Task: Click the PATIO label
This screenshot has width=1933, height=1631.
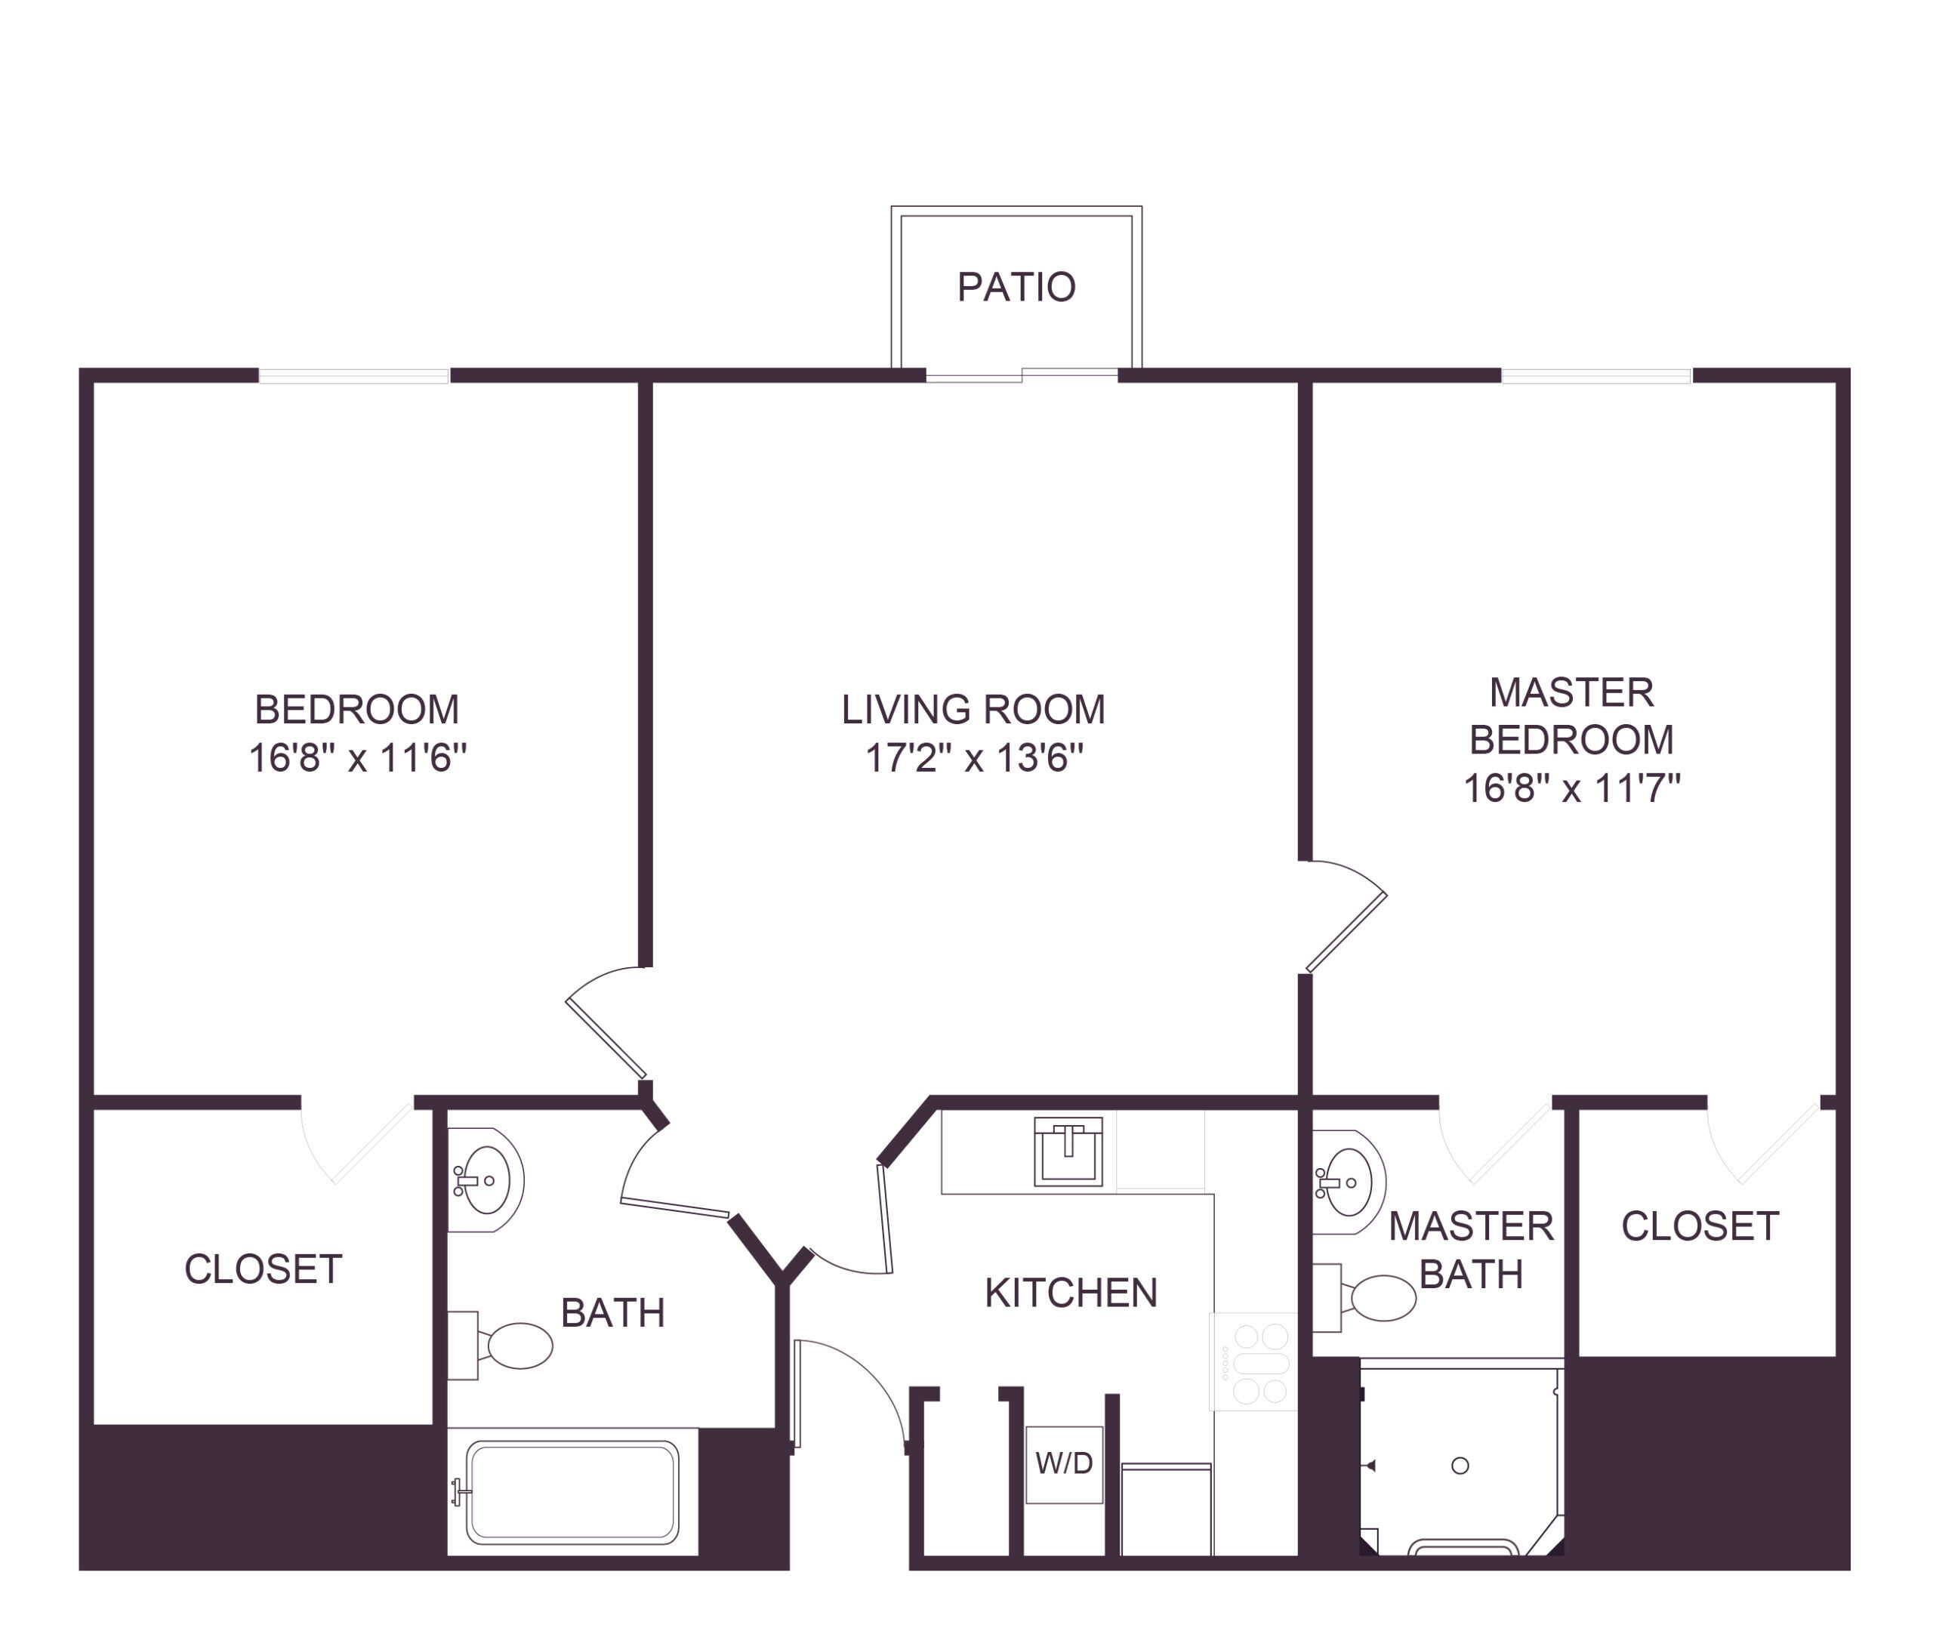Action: [x=1016, y=287]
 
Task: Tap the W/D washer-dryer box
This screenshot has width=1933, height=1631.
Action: [x=1064, y=1463]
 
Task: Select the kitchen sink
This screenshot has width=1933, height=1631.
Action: [x=1068, y=1151]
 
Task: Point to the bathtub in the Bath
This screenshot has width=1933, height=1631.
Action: [x=572, y=1491]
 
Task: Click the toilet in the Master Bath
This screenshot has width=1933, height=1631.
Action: [x=1364, y=1298]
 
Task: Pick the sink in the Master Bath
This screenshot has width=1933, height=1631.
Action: [x=1349, y=1182]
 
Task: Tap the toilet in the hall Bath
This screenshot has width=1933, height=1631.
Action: [x=500, y=1346]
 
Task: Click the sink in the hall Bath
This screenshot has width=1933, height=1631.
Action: [x=486, y=1179]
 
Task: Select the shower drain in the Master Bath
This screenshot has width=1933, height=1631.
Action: [x=1460, y=1466]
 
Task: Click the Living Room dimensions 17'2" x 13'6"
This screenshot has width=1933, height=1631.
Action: [x=973, y=758]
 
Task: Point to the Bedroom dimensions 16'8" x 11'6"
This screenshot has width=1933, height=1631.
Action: [x=358, y=758]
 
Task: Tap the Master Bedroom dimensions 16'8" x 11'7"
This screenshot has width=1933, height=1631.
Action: [x=1571, y=788]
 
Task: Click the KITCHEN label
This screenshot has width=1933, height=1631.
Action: [x=1071, y=1293]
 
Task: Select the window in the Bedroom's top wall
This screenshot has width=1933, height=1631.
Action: [x=354, y=375]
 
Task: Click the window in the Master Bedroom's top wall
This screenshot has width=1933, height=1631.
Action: [x=1596, y=375]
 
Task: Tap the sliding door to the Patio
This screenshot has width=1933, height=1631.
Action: [x=1022, y=375]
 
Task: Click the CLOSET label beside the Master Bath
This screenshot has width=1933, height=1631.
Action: [x=1700, y=1226]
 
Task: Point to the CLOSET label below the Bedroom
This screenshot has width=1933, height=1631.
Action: [x=264, y=1269]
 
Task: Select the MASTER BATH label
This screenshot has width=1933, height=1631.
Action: [x=1471, y=1250]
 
